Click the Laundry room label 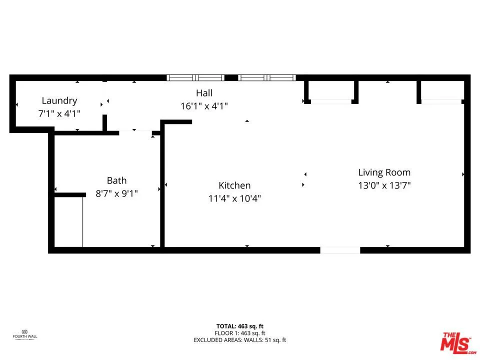click(59, 100)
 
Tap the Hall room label click(204, 93)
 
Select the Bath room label click(116, 180)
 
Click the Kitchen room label click(234, 185)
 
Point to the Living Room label click(384, 172)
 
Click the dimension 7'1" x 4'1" click(59, 113)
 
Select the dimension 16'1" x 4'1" click(204, 106)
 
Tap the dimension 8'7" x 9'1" click(116, 193)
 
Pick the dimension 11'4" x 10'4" click(234, 198)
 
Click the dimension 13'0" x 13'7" click(384, 185)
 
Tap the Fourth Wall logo click(24, 334)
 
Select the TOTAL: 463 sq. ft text click(239, 326)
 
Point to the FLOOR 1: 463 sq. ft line click(239, 333)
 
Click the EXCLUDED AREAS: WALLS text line click(239, 340)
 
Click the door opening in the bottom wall click(340, 250)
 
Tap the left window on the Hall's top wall click(195, 78)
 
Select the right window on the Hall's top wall click(267, 78)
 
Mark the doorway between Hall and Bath click(135, 132)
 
